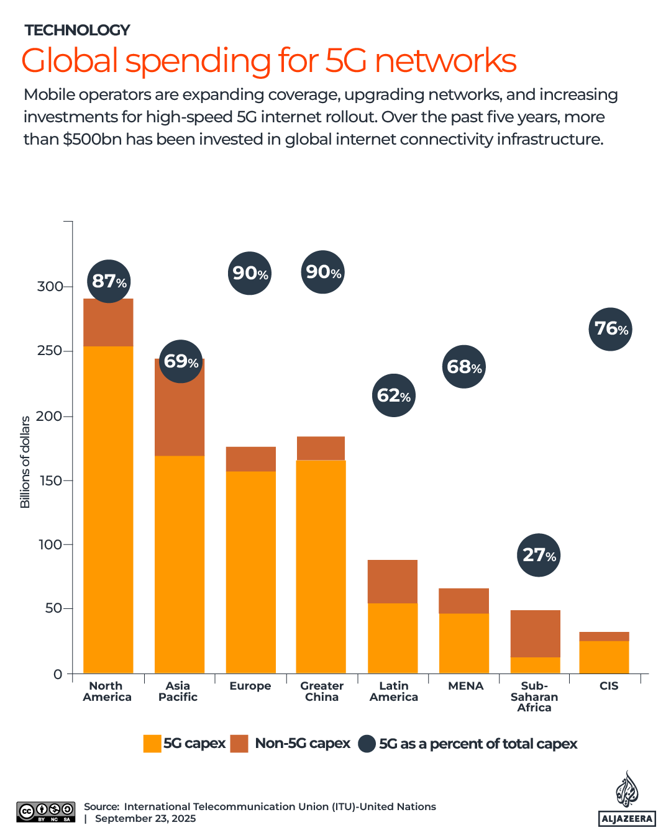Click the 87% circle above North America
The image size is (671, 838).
pyautogui.click(x=109, y=281)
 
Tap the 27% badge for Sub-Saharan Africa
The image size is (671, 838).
pyautogui.click(x=539, y=555)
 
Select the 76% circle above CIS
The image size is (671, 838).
pyautogui.click(x=610, y=329)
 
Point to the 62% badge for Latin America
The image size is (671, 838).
pyautogui.click(x=394, y=395)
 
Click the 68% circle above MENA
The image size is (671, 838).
pyautogui.click(x=464, y=367)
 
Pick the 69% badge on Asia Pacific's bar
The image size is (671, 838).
pyautogui.click(x=181, y=361)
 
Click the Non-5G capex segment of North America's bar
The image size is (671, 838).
pyautogui.click(x=108, y=323)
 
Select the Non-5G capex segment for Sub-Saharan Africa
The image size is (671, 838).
pyautogui.click(x=536, y=633)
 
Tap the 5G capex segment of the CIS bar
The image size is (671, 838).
pyautogui.click(x=604, y=657)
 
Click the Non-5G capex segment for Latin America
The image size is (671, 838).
pyautogui.click(x=393, y=582)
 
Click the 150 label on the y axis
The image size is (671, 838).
pyautogui.click(x=50, y=481)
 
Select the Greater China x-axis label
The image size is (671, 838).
pyautogui.click(x=322, y=692)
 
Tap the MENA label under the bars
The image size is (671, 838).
pyautogui.click(x=465, y=686)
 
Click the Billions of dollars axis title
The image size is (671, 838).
pyautogui.click(x=25, y=462)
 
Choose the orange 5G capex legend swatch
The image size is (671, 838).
pyautogui.click(x=152, y=744)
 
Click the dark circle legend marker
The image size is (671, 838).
pyautogui.click(x=368, y=744)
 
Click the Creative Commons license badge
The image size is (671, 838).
pyautogui.click(x=46, y=812)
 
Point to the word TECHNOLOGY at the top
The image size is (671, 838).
pyautogui.click(x=77, y=30)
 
